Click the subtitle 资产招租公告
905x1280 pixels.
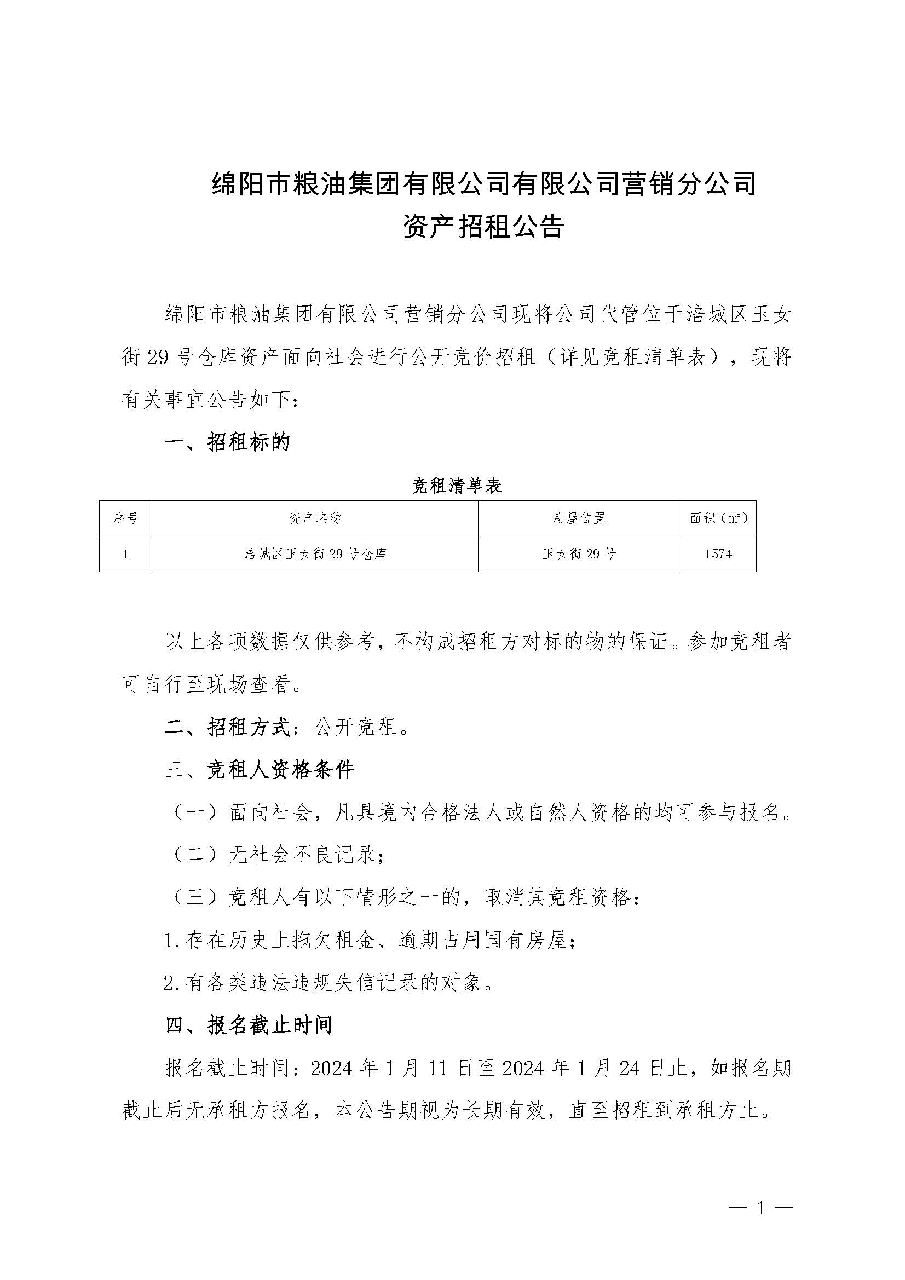[x=483, y=227]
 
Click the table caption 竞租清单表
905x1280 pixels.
[x=457, y=486]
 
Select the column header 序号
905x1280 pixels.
[x=125, y=518]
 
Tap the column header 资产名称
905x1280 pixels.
[x=315, y=518]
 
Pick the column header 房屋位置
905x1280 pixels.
[x=579, y=518]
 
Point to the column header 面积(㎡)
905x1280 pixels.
[x=718, y=518]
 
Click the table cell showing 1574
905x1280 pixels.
[x=718, y=553]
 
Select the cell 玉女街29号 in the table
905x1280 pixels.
[x=579, y=553]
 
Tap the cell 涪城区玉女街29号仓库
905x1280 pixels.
[x=315, y=553]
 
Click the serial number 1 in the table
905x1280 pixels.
[x=126, y=553]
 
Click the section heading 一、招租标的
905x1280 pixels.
[x=228, y=442]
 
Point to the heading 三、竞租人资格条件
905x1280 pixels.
[x=260, y=770]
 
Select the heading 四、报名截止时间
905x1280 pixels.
[x=249, y=1025]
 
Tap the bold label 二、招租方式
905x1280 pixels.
[x=228, y=727]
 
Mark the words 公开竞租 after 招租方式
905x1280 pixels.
[x=355, y=727]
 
